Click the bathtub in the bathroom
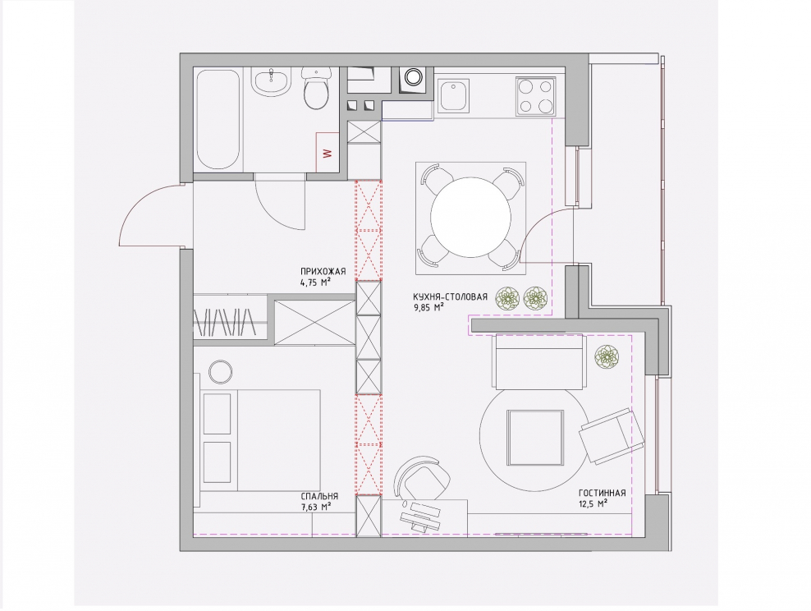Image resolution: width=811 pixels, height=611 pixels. (x=218, y=120)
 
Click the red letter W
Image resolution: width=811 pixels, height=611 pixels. (x=326, y=154)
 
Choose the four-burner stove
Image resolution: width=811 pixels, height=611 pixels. (x=536, y=96)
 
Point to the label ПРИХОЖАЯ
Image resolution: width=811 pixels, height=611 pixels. (x=323, y=272)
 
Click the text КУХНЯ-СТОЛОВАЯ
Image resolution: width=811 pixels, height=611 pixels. (x=450, y=297)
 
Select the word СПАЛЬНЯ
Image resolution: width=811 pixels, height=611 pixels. (x=319, y=496)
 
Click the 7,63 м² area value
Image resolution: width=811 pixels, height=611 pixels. (x=315, y=507)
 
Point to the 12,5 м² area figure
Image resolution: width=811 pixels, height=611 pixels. (x=593, y=503)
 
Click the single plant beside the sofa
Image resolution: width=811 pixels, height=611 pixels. (x=607, y=357)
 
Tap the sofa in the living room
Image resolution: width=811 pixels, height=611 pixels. (x=539, y=361)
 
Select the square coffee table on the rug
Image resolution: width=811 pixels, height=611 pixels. (x=535, y=438)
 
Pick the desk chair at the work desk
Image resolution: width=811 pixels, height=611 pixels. (x=422, y=479)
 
